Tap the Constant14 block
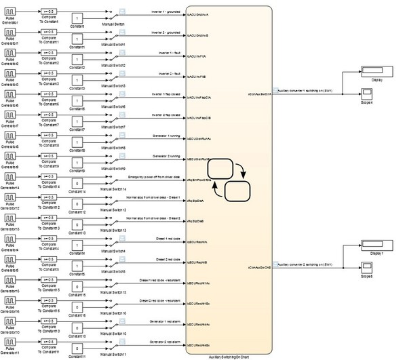(x=79, y=182)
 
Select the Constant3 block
(x=79, y=78)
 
